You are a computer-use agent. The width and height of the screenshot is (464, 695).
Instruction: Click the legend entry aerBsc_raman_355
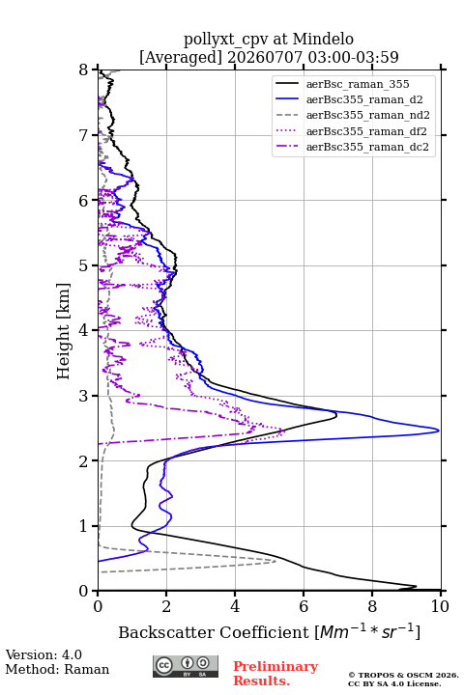click(x=358, y=84)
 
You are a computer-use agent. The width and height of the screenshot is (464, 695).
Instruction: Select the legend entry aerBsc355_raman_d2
click(x=364, y=99)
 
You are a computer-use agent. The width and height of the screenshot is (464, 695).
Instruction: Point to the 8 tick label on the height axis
click(x=84, y=70)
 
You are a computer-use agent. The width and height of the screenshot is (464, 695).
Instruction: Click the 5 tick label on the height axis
click(x=84, y=266)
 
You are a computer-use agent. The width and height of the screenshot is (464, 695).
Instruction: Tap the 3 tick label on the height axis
click(x=84, y=396)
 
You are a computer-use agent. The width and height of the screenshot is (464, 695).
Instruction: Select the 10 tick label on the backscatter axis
click(x=440, y=606)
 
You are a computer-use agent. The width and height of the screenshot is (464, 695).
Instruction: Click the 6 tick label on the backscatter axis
click(x=304, y=606)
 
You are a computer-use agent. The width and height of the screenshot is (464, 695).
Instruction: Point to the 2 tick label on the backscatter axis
click(x=166, y=606)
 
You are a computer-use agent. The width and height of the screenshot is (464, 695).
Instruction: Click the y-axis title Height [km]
click(x=64, y=331)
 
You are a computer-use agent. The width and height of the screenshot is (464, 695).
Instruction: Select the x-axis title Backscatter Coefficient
click(x=213, y=632)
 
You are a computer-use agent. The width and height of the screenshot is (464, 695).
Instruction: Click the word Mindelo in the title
click(x=323, y=39)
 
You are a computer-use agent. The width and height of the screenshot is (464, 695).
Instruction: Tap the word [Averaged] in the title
click(x=180, y=57)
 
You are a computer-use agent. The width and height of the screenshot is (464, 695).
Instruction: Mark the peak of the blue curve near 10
click(x=439, y=431)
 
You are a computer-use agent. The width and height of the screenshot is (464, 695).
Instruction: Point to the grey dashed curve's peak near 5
click(x=275, y=561)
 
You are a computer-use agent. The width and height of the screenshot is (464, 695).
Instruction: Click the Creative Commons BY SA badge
click(x=186, y=666)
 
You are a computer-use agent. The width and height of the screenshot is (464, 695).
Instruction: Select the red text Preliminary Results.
click(x=275, y=674)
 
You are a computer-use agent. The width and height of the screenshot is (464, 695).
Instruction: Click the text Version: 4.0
click(x=43, y=654)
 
